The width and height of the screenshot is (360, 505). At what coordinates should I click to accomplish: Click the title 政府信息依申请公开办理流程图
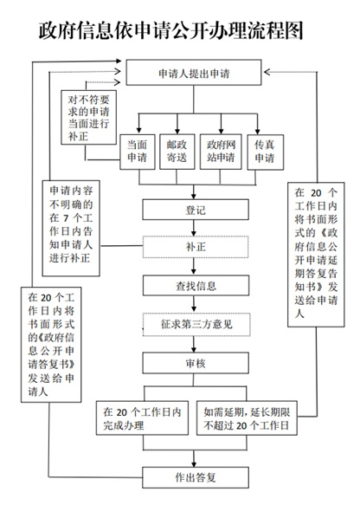click(x=170, y=31)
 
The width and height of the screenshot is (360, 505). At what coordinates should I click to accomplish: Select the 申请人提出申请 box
click(x=194, y=73)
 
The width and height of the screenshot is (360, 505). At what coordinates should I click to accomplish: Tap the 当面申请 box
click(x=138, y=152)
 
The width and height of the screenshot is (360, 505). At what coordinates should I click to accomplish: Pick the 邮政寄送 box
click(x=177, y=152)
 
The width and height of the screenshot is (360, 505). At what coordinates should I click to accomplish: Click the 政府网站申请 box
click(x=221, y=152)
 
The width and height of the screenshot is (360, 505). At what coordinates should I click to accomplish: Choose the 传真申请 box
click(x=266, y=152)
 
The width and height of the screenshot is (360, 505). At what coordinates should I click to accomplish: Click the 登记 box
click(x=196, y=210)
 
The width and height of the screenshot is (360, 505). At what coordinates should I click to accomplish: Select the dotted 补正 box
click(x=196, y=247)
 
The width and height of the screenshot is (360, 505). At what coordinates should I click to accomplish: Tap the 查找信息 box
click(x=196, y=285)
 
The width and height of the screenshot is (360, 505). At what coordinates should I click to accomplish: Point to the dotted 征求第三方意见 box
click(x=196, y=324)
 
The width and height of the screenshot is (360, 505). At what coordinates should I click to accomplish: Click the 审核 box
click(x=196, y=363)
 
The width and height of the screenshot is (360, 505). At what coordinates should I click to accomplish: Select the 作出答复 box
click(x=196, y=477)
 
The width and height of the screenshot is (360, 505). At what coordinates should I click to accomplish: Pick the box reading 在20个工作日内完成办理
click(x=142, y=418)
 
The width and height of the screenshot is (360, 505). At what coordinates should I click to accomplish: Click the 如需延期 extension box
click(x=247, y=418)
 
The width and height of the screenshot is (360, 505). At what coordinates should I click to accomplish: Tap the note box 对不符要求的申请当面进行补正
click(x=89, y=117)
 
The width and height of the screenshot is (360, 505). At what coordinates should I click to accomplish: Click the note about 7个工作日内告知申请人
click(x=71, y=229)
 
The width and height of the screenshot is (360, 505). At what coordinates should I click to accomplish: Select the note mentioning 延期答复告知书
click(x=316, y=255)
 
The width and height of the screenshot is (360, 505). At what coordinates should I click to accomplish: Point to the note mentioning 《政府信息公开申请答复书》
click(x=51, y=345)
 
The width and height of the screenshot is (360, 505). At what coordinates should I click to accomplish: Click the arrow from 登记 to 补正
click(x=194, y=228)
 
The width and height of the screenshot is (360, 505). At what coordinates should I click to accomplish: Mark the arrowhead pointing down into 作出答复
click(x=194, y=464)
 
